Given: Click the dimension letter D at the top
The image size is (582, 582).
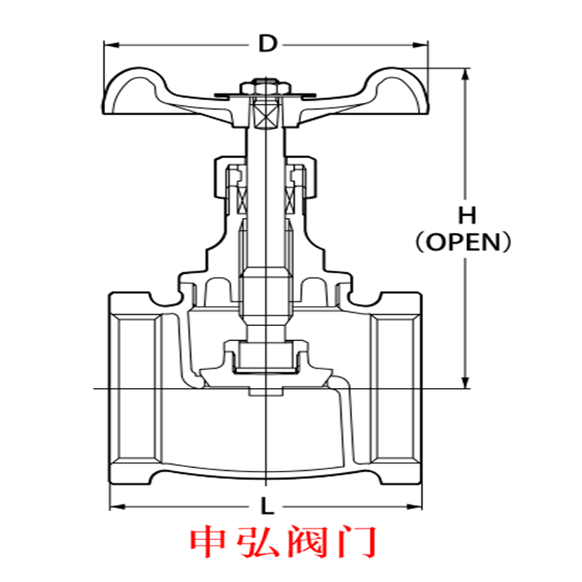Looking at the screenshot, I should point(266,44).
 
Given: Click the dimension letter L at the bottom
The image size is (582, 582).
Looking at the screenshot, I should point(266,507).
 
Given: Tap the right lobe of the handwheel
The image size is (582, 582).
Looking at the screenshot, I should point(395,93).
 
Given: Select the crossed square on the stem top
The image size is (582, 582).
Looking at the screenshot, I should point(266,113).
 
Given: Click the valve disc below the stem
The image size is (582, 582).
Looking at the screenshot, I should point(266,362).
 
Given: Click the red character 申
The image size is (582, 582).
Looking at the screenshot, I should point(208,543).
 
